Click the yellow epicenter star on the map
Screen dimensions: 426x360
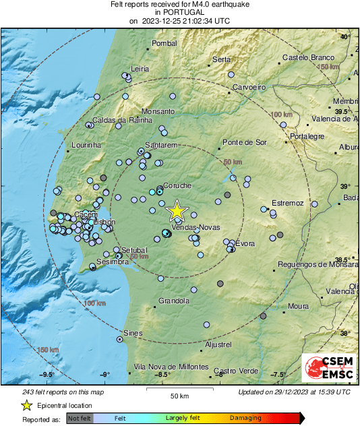(x=177, y=210)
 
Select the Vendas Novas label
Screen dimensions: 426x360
(x=196, y=228)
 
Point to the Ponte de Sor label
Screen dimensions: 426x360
(x=245, y=142)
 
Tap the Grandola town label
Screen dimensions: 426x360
(x=175, y=301)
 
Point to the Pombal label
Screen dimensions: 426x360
(x=164, y=44)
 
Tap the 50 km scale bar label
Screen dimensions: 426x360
(x=179, y=396)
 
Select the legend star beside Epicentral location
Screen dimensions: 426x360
(x=26, y=406)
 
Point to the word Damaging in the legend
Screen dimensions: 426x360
(x=245, y=419)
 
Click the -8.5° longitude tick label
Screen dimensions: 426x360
(x=162, y=374)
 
